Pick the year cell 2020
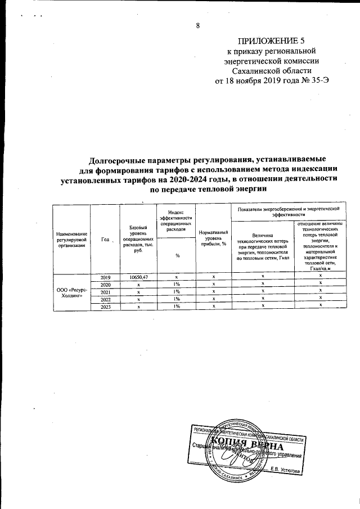pyautogui.click(x=105, y=285)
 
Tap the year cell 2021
pyautogui.click(x=105, y=292)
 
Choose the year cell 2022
pyautogui.click(x=105, y=299)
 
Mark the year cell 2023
pyautogui.click(x=105, y=307)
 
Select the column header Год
pyautogui.click(x=105, y=240)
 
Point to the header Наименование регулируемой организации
pyautogui.click(x=71, y=240)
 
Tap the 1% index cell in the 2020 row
pyautogui.click(x=176, y=285)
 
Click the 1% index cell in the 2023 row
pyautogui.click(x=176, y=307)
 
